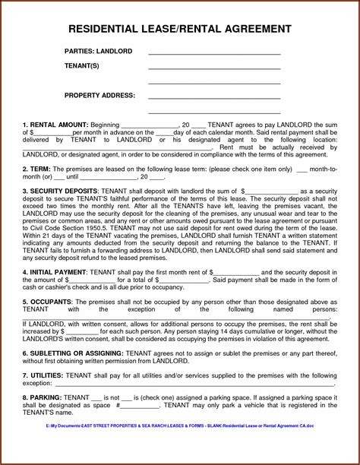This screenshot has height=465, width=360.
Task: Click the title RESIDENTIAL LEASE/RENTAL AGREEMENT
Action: (179, 30)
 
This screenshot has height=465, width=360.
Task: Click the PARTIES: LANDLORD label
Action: (99, 51)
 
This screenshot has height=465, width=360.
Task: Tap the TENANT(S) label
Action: (81, 66)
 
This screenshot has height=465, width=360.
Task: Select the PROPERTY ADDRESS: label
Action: (99, 96)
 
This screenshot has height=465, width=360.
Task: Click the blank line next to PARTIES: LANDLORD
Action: (214, 53)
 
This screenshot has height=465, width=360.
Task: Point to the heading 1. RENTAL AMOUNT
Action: (55, 124)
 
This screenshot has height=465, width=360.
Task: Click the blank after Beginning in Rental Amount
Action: (148, 125)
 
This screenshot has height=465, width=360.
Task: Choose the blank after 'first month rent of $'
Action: (236, 272)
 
